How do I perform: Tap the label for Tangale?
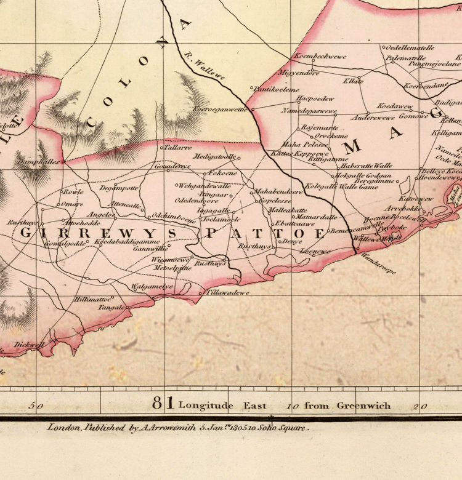pos(111,306)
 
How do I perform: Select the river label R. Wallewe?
pos(205,66)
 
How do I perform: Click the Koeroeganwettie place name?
pos(220,109)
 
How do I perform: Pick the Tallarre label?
pos(177,148)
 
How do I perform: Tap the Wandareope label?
pos(376,262)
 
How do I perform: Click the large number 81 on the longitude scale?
pos(163,404)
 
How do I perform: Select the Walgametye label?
pos(152,287)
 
